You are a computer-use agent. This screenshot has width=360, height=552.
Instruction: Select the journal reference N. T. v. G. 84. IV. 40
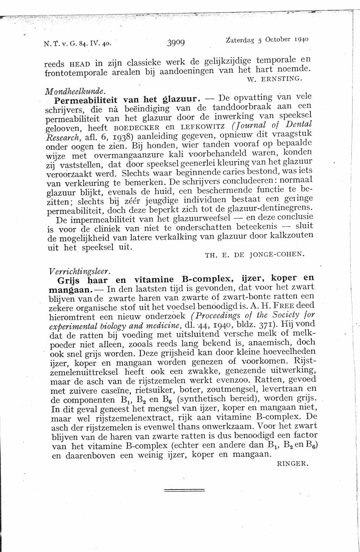pyautogui.click(x=77, y=44)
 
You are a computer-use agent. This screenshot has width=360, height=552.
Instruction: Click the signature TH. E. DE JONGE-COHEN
pyautogui.click(x=255, y=255)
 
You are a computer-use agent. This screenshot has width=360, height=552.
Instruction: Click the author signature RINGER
pyautogui.click(x=293, y=463)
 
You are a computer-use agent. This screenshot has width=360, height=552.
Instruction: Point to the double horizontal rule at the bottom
pyautogui.click(x=184, y=490)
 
